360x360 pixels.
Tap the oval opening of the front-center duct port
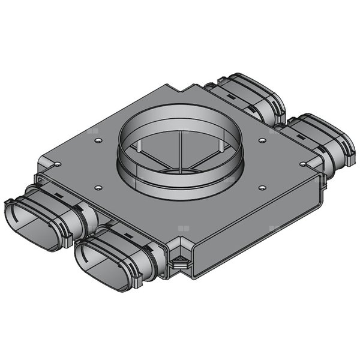coord(96,266)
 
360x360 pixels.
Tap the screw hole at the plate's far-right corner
coord(303,163)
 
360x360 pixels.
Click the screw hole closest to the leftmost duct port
coord(97,185)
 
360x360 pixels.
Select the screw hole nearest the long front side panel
coord(262,187)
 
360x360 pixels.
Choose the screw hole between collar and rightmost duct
coord(262,140)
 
